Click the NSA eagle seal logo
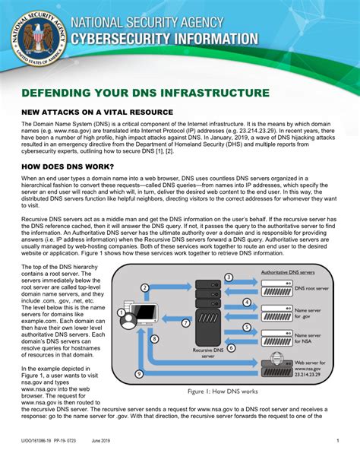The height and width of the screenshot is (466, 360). point(33,36)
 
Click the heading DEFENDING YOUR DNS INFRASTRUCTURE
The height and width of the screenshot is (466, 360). point(145,93)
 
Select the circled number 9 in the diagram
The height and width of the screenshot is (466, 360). point(139,374)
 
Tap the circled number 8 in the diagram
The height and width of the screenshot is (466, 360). point(155,338)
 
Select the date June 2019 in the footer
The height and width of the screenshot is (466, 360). point(101,441)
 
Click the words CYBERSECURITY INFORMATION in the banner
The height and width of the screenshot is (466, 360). point(164,38)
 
